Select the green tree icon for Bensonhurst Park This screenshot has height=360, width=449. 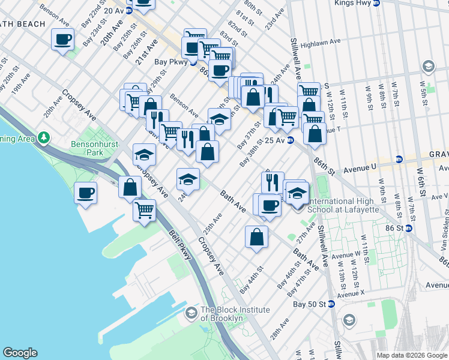(43, 138)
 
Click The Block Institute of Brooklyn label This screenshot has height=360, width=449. (230, 314)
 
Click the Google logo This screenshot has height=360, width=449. (20, 353)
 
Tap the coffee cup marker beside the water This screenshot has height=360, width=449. (85, 193)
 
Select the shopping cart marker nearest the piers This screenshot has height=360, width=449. (145, 211)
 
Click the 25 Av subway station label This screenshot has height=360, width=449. (274, 140)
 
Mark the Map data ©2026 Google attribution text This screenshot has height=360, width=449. (411, 355)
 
